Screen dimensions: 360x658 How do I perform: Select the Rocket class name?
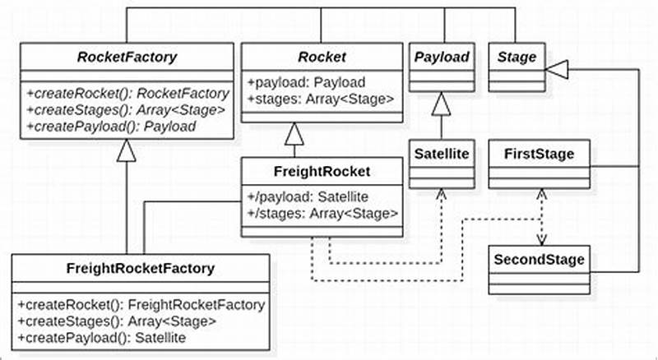(322, 58)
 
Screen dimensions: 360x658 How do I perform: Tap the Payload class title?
(441, 58)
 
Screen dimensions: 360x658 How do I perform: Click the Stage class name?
(516, 58)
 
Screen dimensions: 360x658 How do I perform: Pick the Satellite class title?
(441, 153)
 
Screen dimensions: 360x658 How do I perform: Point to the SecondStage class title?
(539, 260)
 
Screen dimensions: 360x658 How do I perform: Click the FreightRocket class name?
(322, 173)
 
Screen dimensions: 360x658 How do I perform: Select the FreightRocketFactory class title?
(140, 268)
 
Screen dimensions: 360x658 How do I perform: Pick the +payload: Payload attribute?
(306, 82)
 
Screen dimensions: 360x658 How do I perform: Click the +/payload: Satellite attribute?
(308, 197)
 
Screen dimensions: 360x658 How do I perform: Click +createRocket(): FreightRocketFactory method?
(140, 305)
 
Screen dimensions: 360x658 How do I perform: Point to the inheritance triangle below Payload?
(441, 104)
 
